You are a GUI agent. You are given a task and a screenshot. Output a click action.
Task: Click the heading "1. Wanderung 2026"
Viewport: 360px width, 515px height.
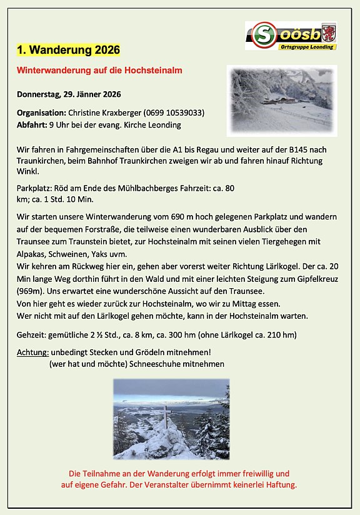67,49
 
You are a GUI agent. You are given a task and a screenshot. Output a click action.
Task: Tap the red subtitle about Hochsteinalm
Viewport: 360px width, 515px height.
99,71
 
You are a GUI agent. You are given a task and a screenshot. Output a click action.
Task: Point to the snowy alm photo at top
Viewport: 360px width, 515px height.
281,101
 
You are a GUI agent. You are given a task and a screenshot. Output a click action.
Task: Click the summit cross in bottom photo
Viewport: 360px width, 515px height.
165,415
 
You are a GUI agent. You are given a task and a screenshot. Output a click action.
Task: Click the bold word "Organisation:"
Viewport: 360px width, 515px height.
41,113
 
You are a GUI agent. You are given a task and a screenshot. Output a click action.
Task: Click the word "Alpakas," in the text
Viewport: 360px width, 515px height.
34,255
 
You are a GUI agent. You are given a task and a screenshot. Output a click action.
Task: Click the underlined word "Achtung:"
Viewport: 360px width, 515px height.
32,352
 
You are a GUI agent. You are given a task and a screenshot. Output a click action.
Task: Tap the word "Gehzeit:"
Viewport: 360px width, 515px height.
32,335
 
